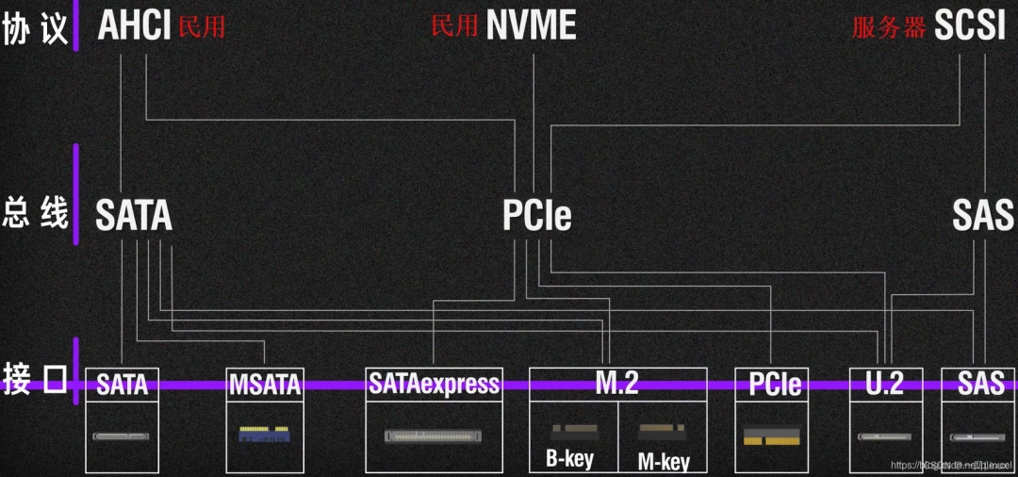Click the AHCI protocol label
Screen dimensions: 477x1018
pyautogui.click(x=134, y=25)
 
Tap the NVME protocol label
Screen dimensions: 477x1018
pyautogui.click(x=531, y=25)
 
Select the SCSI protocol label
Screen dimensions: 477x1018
pyautogui.click(x=970, y=25)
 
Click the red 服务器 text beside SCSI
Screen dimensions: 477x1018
pyautogui.click(x=889, y=27)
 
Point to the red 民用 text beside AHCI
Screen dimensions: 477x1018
pyautogui.click(x=202, y=26)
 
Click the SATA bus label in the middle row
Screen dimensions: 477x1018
pyautogui.click(x=134, y=216)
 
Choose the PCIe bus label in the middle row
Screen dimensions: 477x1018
pyautogui.click(x=536, y=216)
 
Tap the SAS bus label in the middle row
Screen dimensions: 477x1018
pyautogui.click(x=982, y=216)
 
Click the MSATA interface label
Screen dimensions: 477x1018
pyautogui.click(x=265, y=384)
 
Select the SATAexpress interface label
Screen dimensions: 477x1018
pyautogui.click(x=434, y=383)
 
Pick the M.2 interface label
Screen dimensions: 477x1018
pyautogui.click(x=617, y=382)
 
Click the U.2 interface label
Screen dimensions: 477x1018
pyautogui.click(x=884, y=383)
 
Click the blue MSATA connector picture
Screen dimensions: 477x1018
pyautogui.click(x=263, y=435)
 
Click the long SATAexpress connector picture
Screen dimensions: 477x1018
pyautogui.click(x=434, y=436)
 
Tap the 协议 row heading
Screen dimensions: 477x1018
pyautogui.click(x=36, y=28)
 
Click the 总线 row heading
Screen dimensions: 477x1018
pyautogui.click(x=36, y=213)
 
